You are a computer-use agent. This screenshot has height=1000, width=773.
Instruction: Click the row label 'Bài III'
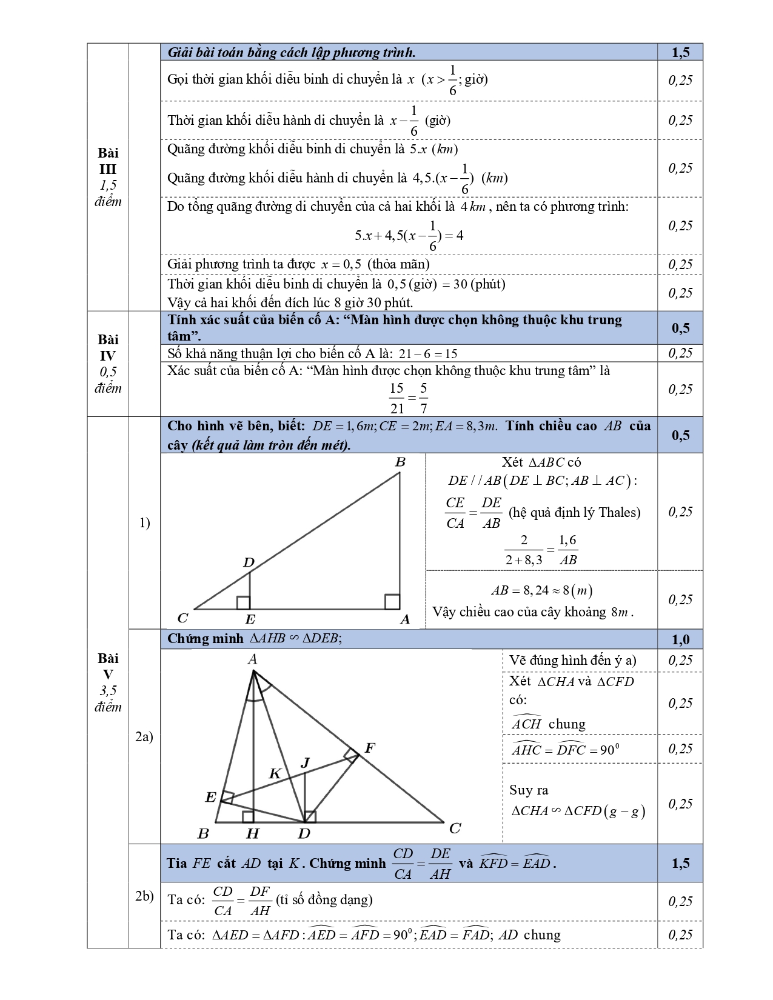tap(108, 161)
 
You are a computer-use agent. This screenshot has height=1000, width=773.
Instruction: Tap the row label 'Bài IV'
tap(108, 347)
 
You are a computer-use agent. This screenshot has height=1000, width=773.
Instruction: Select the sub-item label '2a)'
tap(144, 736)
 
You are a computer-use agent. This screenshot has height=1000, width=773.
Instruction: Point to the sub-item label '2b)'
tap(144, 896)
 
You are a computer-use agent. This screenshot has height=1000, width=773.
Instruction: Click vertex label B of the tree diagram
tap(400, 462)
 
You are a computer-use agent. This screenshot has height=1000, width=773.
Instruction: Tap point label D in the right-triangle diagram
tap(249, 563)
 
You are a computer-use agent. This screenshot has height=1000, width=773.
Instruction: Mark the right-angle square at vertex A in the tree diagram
tap(392, 601)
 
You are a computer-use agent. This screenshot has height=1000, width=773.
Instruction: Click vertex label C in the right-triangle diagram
tap(182, 618)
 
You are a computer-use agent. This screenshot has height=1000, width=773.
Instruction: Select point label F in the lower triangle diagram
tap(369, 748)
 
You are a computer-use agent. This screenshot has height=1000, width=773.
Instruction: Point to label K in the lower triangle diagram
tap(275, 773)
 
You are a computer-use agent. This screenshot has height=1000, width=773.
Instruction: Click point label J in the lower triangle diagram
tap(305, 763)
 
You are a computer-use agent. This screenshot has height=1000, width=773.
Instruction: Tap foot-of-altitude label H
tap(252, 834)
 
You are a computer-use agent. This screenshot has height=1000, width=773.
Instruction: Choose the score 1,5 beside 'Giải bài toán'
tap(680, 52)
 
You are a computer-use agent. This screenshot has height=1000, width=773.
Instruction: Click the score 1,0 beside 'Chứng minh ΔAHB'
tap(680, 639)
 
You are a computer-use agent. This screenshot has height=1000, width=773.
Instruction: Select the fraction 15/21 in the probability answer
tap(397, 398)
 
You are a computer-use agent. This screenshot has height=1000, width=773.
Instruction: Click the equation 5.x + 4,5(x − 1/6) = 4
tap(409, 236)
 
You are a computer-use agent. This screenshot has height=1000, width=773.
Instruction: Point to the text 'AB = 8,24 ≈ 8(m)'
tap(541, 590)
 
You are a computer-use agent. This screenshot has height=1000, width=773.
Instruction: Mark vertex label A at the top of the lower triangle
tap(253, 659)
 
